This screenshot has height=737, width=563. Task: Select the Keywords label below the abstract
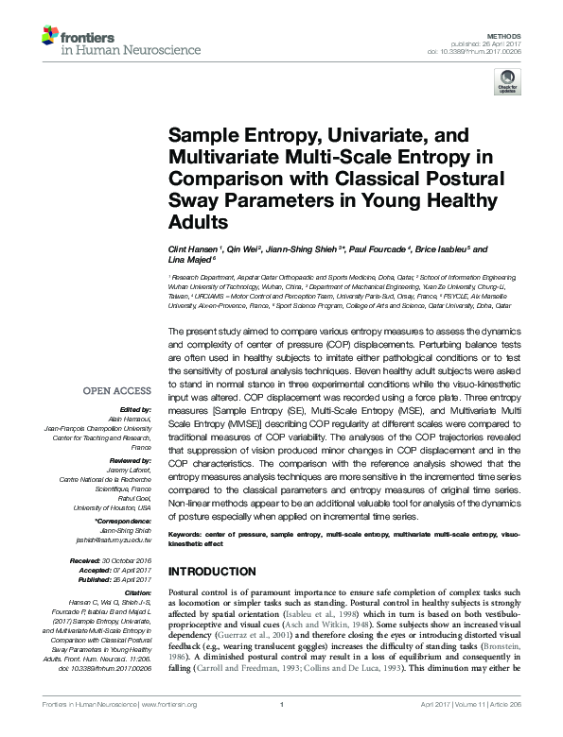coord(187,535)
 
